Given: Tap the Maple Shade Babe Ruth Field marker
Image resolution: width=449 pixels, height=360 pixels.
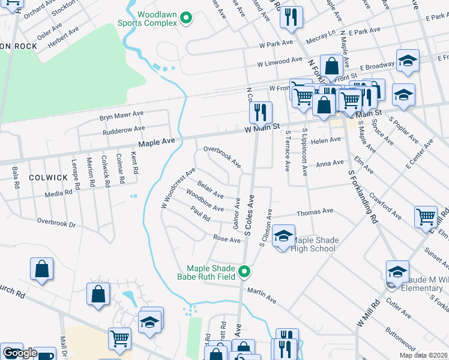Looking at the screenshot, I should coord(244,272).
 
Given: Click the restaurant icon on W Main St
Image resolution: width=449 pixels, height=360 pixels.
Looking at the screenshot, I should coord(261,112).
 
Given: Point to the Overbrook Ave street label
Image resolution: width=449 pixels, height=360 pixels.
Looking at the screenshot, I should coord(222,156).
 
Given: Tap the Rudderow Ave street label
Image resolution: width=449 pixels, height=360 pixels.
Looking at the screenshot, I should coord(124,128).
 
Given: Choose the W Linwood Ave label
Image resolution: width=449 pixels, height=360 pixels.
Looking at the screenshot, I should coord(280,61).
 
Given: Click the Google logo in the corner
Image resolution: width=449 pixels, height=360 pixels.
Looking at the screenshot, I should coord(19,353).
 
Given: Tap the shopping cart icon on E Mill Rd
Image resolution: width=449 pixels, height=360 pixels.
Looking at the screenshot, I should coord(426,217).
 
